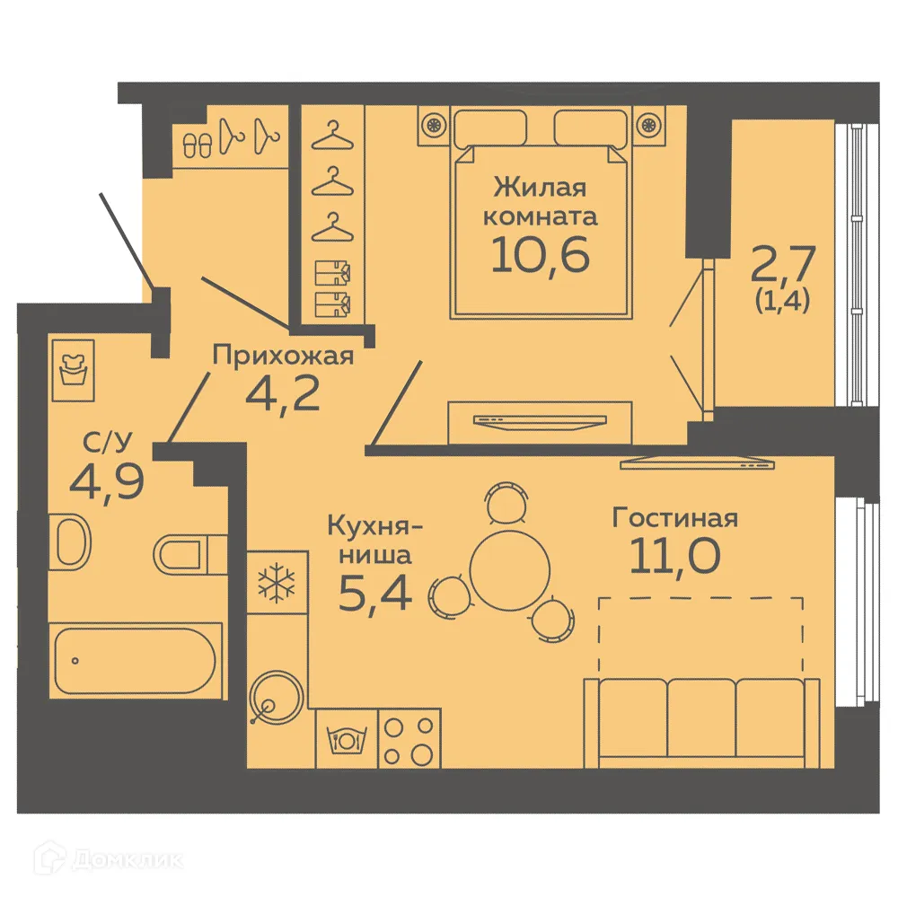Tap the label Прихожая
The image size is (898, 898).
283,356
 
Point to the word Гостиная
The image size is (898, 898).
674,518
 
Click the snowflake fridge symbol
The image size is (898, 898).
277,583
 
